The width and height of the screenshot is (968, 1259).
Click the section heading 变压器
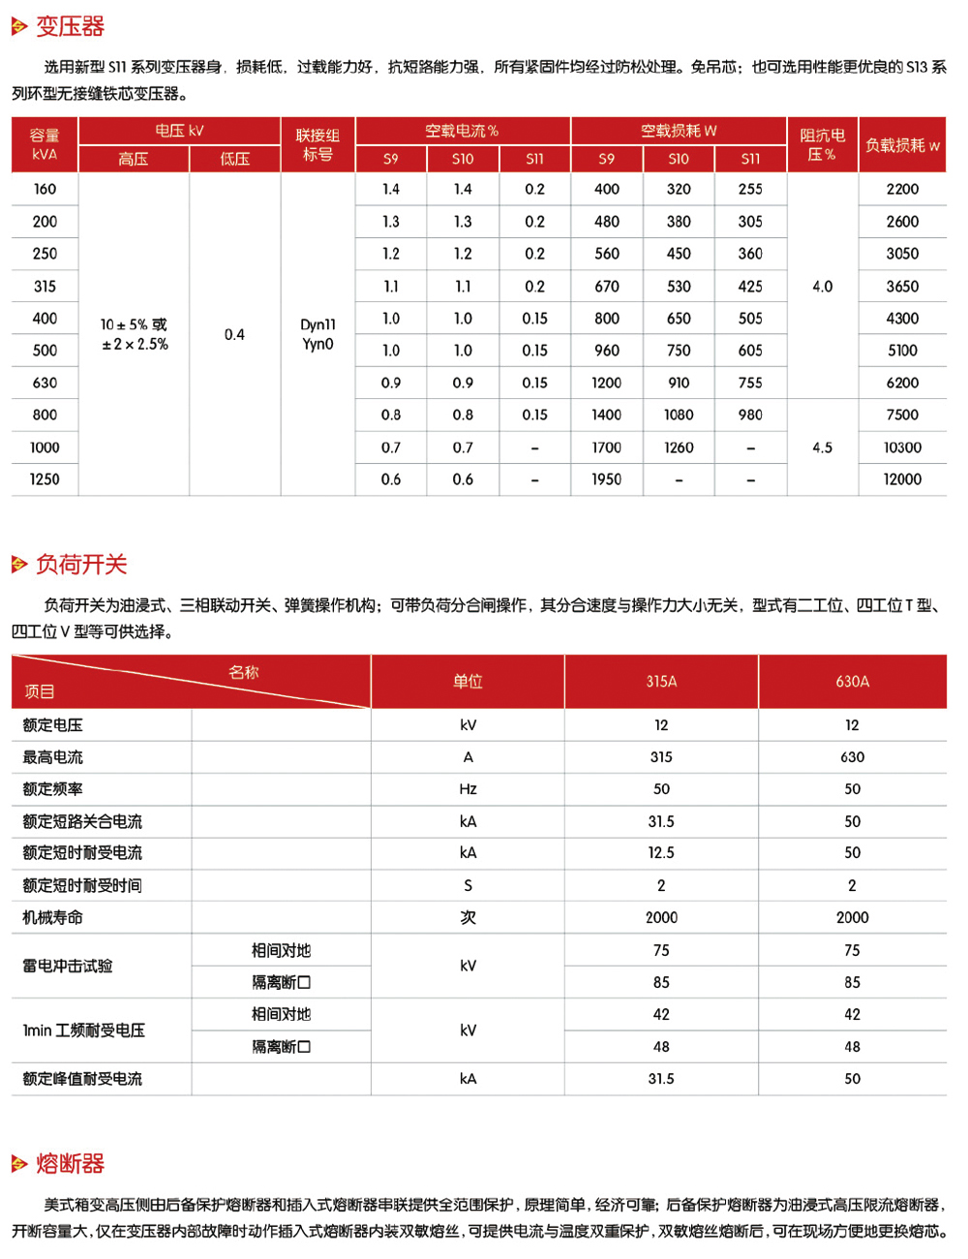tap(70, 26)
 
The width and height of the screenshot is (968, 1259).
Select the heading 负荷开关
tap(81, 564)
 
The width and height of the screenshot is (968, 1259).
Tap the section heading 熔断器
tap(70, 1163)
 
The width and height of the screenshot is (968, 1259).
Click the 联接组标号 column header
tap(318, 144)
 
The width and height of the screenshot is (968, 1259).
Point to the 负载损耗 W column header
tap(902, 144)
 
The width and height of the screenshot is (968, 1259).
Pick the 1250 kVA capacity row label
tap(45, 479)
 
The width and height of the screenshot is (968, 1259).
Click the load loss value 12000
tap(902, 479)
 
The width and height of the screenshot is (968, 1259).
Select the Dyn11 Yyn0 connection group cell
tap(318, 334)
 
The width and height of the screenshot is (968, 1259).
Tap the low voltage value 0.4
tap(234, 334)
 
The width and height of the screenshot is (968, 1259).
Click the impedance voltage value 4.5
tap(822, 447)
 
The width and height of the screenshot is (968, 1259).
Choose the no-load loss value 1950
tap(607, 479)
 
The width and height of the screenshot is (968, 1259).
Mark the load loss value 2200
tap(902, 189)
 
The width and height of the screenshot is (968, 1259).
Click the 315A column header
tap(661, 682)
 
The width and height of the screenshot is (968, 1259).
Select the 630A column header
tap(852, 682)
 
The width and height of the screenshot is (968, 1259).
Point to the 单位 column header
tap(468, 682)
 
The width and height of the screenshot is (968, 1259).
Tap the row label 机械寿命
tap(53, 917)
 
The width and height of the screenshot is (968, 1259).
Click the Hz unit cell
tap(468, 789)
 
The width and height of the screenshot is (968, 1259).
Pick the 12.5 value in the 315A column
tap(661, 852)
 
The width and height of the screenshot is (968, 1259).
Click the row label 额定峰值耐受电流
tap(82, 1079)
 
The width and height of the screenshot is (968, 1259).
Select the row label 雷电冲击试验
tap(68, 966)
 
